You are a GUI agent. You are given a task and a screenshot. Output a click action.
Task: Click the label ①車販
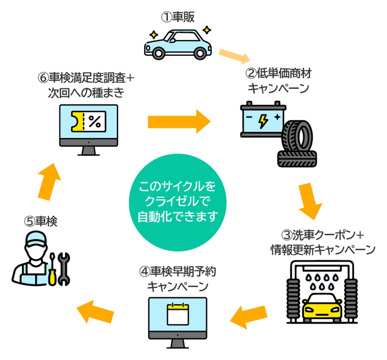(178, 17)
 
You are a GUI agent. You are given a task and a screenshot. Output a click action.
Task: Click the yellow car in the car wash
(322, 306)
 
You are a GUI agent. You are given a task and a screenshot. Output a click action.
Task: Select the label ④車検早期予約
(178, 272)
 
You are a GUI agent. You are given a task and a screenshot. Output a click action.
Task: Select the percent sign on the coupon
(94, 121)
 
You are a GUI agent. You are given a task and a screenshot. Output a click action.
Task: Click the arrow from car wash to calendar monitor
(248, 316)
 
